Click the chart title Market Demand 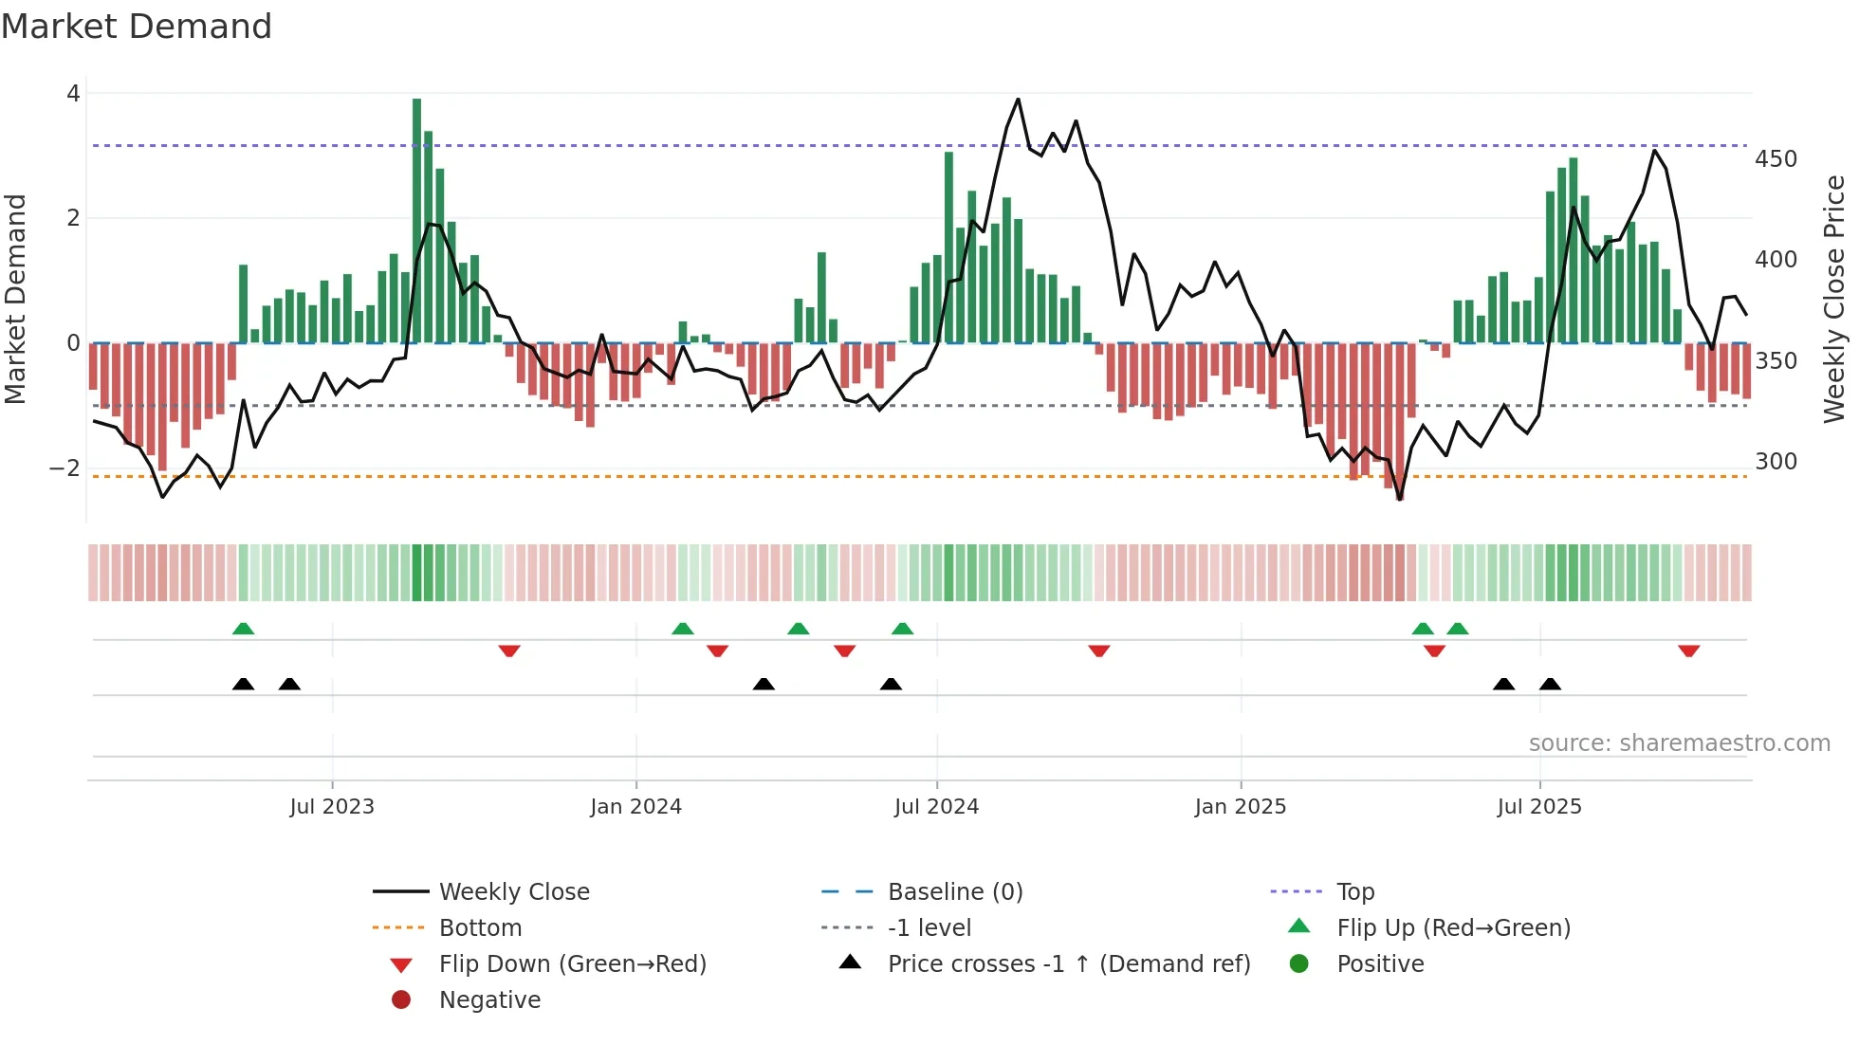(x=137, y=27)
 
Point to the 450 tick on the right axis (x=1776, y=159)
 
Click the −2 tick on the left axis (x=65, y=467)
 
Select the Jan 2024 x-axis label (x=635, y=807)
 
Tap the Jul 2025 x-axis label (x=1539, y=807)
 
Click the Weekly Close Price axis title (x=1834, y=299)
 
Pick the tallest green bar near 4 (x=417, y=218)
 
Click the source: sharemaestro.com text (x=1679, y=743)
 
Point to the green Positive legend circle (x=1299, y=964)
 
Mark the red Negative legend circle (x=401, y=1000)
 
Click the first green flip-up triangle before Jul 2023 (x=244, y=629)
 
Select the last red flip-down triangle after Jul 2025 (x=1688, y=651)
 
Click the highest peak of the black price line (x=1018, y=99)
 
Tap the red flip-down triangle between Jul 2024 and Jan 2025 (x=1099, y=651)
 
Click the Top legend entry (x=1355, y=892)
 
